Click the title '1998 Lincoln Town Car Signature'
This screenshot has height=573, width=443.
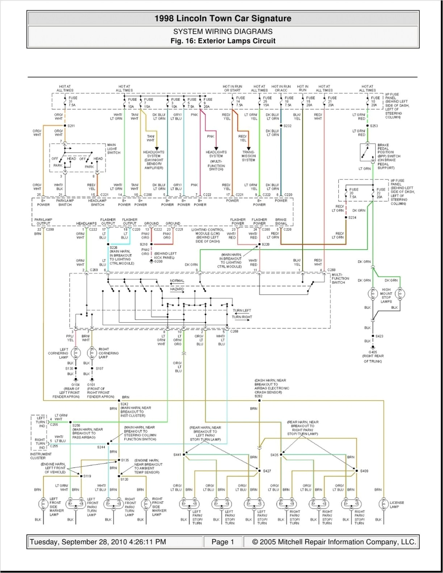pyautogui.click(x=223, y=18)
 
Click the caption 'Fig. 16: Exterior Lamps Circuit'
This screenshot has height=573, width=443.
pyautogui.click(x=223, y=41)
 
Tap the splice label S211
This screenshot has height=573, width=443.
pyautogui.click(x=71, y=126)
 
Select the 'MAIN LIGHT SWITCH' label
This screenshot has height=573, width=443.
pyautogui.click(x=113, y=149)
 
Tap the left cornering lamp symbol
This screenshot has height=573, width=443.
pyautogui.click(x=76, y=353)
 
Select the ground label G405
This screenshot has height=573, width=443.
pyautogui.click(x=373, y=352)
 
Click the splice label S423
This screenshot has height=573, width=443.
pyautogui.click(x=379, y=336)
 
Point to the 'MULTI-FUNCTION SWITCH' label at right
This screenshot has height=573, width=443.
pyautogui.click(x=340, y=279)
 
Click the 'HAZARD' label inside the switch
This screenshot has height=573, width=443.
pyautogui.click(x=177, y=289)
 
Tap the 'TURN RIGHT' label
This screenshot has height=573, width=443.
pyautogui.click(x=242, y=317)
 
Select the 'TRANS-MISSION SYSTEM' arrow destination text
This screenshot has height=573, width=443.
pyautogui.click(x=248, y=156)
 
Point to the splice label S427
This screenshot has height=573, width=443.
pyautogui.click(x=267, y=471)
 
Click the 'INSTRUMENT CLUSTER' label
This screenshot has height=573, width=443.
pyautogui.click(x=38, y=456)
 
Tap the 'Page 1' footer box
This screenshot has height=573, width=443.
pyautogui.click(x=223, y=542)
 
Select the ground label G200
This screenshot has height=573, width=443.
pyautogui.click(x=158, y=261)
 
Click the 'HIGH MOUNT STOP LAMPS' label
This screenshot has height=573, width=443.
pyautogui.click(x=386, y=296)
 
